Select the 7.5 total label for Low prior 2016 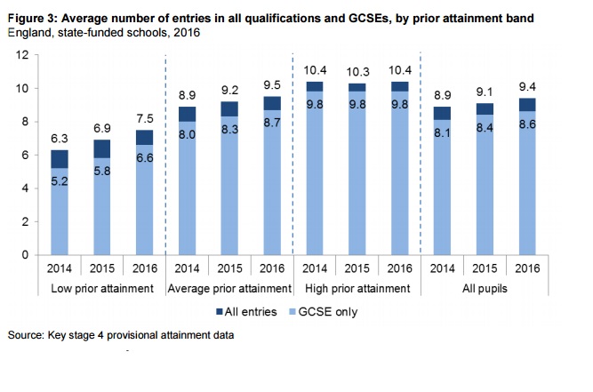click(x=144, y=117)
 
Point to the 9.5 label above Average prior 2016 click(x=271, y=84)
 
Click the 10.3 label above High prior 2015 click(x=356, y=70)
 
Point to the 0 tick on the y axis click(x=27, y=255)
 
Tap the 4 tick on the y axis click(x=27, y=188)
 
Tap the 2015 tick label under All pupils click(x=483, y=268)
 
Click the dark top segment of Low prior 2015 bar click(x=102, y=148)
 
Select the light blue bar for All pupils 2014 click(x=440, y=188)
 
